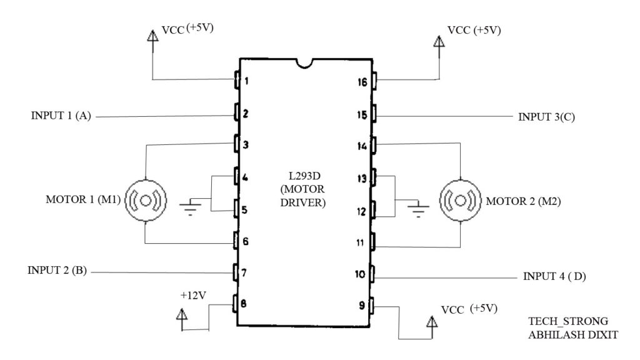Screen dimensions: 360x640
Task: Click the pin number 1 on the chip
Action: pyautogui.click(x=247, y=81)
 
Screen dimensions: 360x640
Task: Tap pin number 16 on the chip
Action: pyautogui.click(x=361, y=81)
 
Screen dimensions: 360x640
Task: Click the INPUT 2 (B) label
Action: pyautogui.click(x=57, y=271)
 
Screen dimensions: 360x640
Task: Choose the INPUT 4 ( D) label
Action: pyautogui.click(x=554, y=275)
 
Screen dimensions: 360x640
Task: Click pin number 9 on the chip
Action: pyautogui.click(x=361, y=306)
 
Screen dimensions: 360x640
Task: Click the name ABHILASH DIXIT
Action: pyautogui.click(x=572, y=335)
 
